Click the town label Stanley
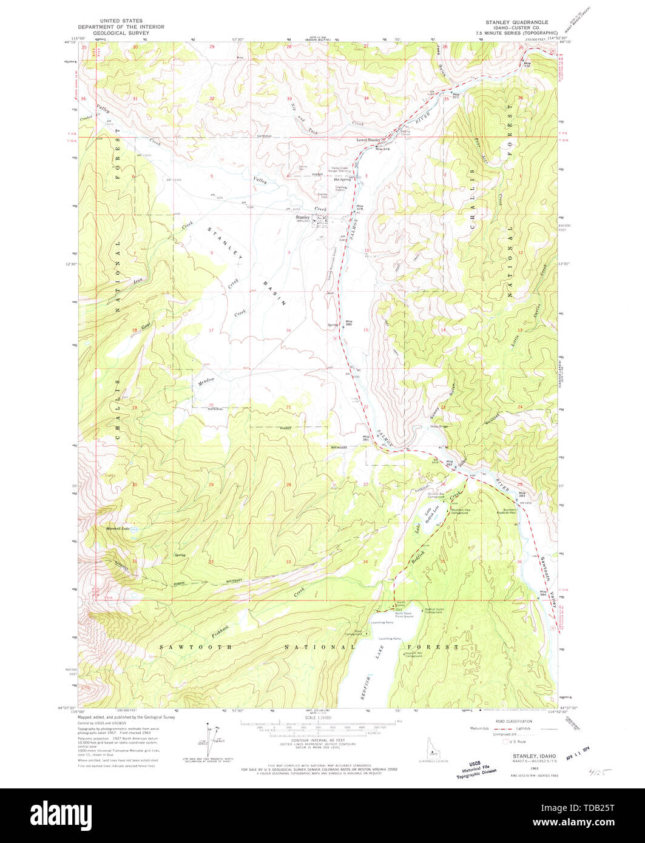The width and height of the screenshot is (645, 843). click(x=302, y=217)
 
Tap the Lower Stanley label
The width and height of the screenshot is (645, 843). click(x=368, y=140)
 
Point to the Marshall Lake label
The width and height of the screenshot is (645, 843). click(x=118, y=528)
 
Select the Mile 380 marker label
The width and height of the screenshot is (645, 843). click(x=349, y=323)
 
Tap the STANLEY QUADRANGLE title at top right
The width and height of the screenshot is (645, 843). click(x=516, y=22)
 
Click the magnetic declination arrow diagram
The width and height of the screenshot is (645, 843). click(x=210, y=740)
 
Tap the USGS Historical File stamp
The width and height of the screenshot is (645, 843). click(x=476, y=768)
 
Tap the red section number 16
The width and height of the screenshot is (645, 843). click(x=289, y=331)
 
